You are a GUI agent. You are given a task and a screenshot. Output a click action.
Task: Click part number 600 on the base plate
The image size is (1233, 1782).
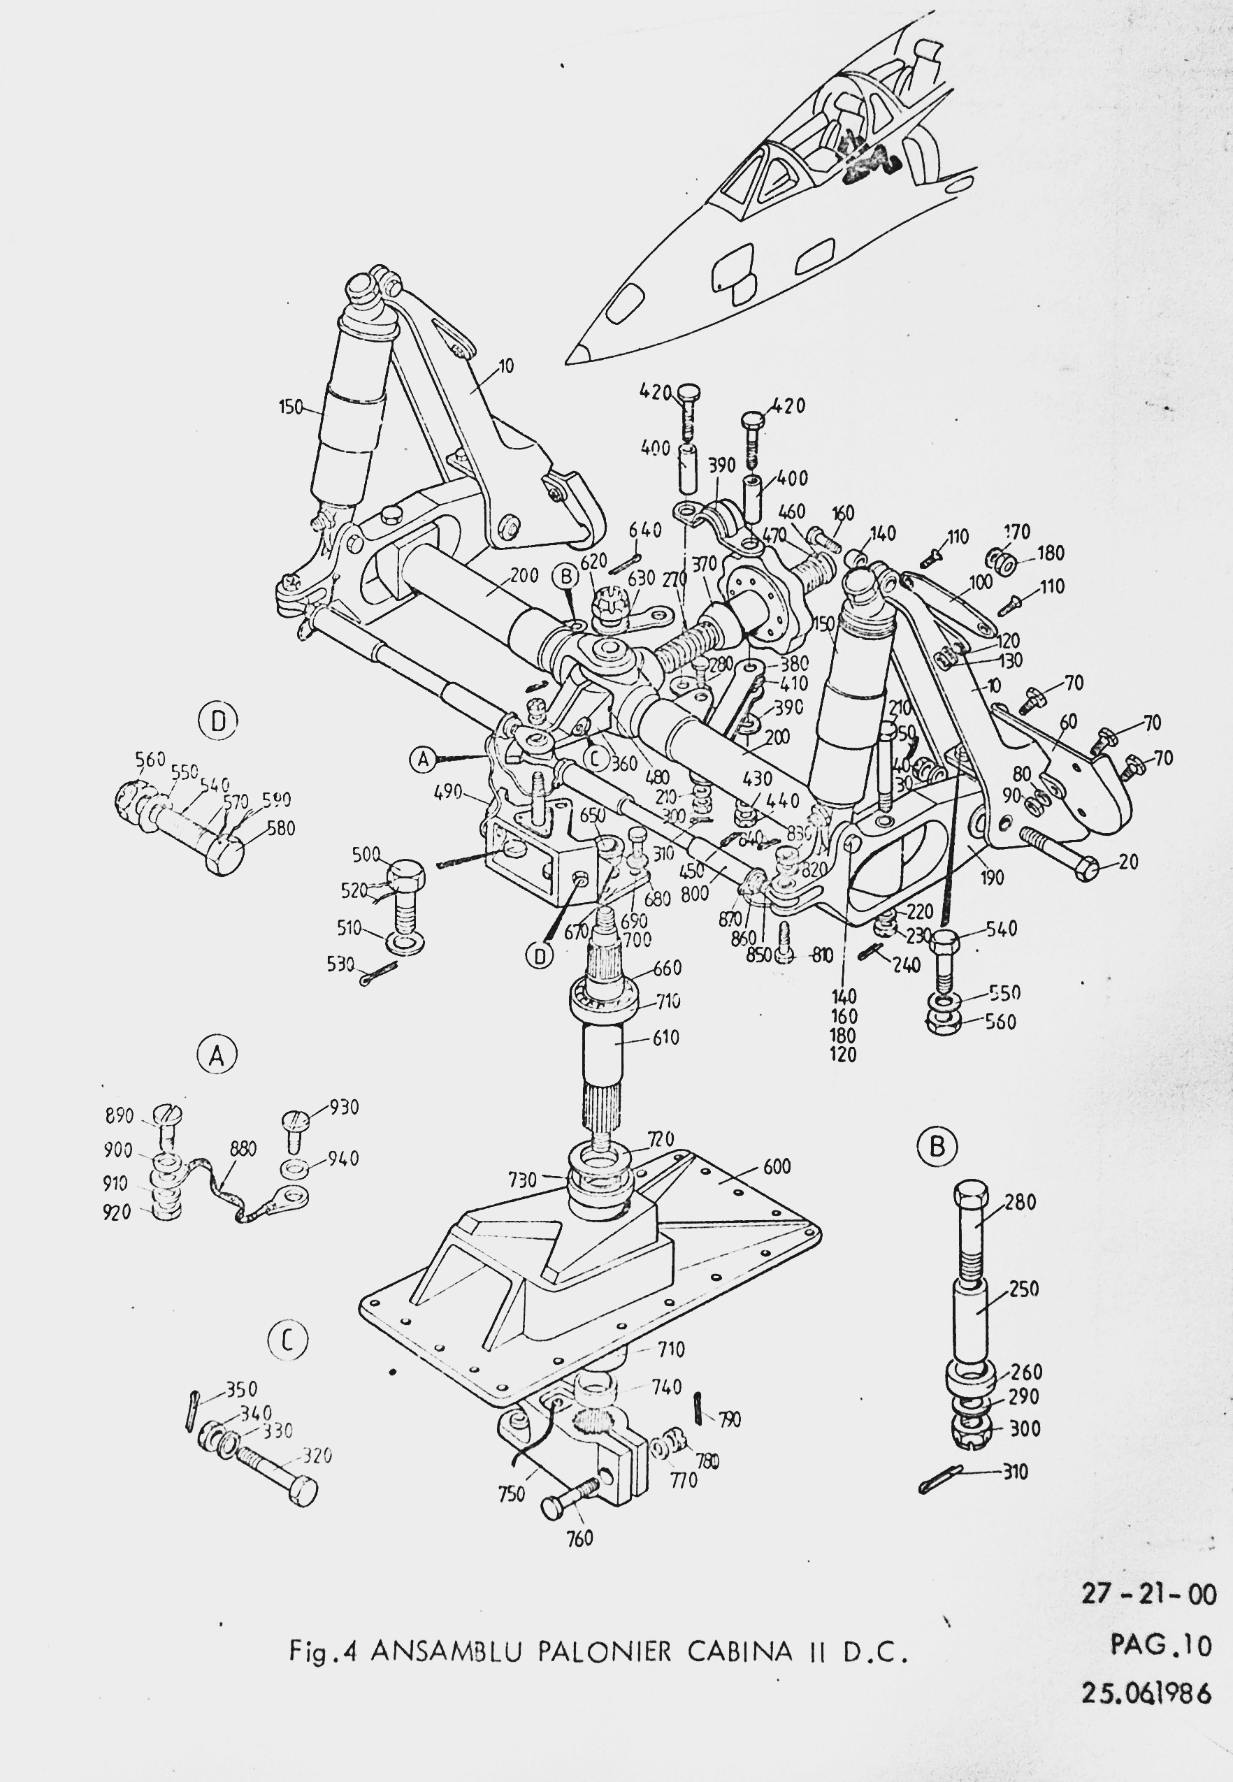tap(777, 1166)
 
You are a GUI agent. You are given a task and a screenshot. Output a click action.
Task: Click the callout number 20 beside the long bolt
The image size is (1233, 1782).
tap(1128, 861)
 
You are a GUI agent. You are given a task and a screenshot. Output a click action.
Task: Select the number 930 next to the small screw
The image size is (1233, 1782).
tap(344, 1108)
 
